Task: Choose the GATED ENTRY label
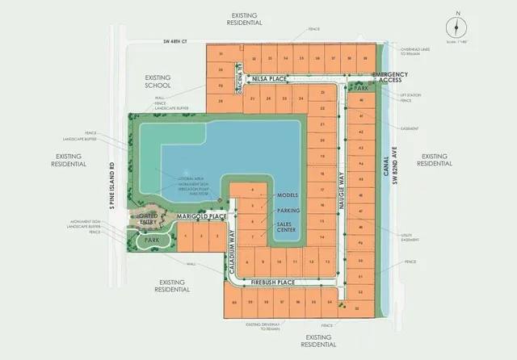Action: click(148, 220)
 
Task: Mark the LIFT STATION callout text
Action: click(411, 96)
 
